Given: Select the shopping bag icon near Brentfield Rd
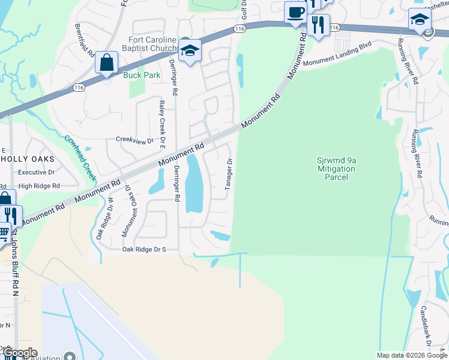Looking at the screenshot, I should click(x=106, y=62).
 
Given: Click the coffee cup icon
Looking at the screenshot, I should click(x=295, y=13).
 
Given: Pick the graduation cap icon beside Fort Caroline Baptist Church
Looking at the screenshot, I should click(x=190, y=52).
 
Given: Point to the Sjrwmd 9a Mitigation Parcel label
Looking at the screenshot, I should click(x=336, y=169).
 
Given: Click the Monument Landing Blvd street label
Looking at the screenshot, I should click(x=337, y=54).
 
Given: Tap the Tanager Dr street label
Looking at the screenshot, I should click(x=229, y=175).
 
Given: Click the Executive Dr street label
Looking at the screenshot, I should click(x=36, y=172).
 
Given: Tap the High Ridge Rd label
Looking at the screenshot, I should click(x=39, y=186).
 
